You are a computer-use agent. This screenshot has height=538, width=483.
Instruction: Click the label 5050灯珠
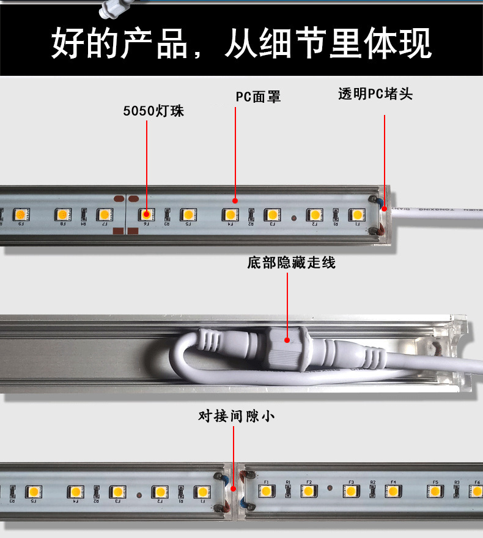153,111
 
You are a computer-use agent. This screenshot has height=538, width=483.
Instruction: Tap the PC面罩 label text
258,97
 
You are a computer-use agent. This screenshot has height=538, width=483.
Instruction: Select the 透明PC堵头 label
375,94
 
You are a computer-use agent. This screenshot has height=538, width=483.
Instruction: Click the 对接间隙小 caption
236,416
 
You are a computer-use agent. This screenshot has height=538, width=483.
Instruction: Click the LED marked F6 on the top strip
147,215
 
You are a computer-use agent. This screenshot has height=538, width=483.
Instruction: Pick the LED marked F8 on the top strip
62,215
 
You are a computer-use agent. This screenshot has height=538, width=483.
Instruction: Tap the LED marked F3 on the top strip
271,215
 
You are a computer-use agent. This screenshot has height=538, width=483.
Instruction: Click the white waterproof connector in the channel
287,347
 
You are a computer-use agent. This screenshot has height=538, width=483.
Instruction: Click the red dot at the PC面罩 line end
235,200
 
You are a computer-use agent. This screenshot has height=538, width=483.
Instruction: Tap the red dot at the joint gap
234,488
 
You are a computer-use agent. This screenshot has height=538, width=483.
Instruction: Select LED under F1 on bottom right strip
267,491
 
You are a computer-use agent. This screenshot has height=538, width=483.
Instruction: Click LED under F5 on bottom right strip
435,491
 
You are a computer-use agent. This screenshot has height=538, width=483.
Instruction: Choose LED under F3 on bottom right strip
350,491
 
